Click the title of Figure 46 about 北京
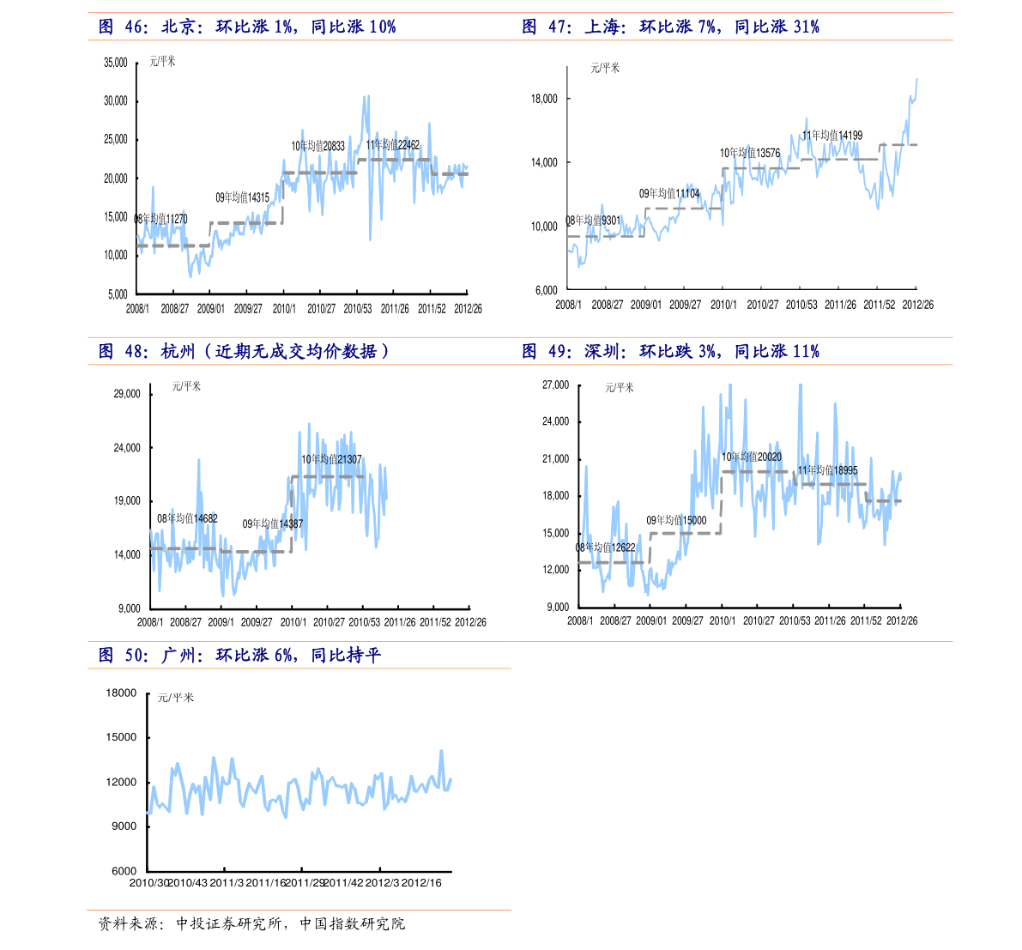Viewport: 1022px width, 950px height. point(247,27)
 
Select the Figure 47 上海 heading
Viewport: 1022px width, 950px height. point(670,27)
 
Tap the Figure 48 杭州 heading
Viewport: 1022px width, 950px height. point(244,352)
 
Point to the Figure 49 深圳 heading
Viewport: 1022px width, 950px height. point(670,352)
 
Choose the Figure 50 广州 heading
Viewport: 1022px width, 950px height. point(239,656)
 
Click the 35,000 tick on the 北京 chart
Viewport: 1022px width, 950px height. point(115,63)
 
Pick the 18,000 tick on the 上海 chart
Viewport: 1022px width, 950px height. point(544,99)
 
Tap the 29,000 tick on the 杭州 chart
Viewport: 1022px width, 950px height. point(127,394)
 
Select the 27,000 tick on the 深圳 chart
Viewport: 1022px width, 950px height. point(556,385)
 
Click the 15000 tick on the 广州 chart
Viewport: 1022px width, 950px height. point(121,737)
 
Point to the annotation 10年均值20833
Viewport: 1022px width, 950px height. point(318,146)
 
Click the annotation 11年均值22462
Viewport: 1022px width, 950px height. point(393,145)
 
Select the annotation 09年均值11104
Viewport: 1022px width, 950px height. point(669,194)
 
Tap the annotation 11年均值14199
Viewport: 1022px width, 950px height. point(832,136)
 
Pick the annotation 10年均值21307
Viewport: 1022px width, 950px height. point(331,460)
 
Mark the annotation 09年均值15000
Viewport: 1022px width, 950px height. point(676,520)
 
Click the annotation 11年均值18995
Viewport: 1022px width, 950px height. point(828,470)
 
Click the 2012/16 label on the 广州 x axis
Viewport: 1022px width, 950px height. point(421,883)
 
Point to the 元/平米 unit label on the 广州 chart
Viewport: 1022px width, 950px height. point(176,698)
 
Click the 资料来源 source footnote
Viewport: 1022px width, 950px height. point(251,923)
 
